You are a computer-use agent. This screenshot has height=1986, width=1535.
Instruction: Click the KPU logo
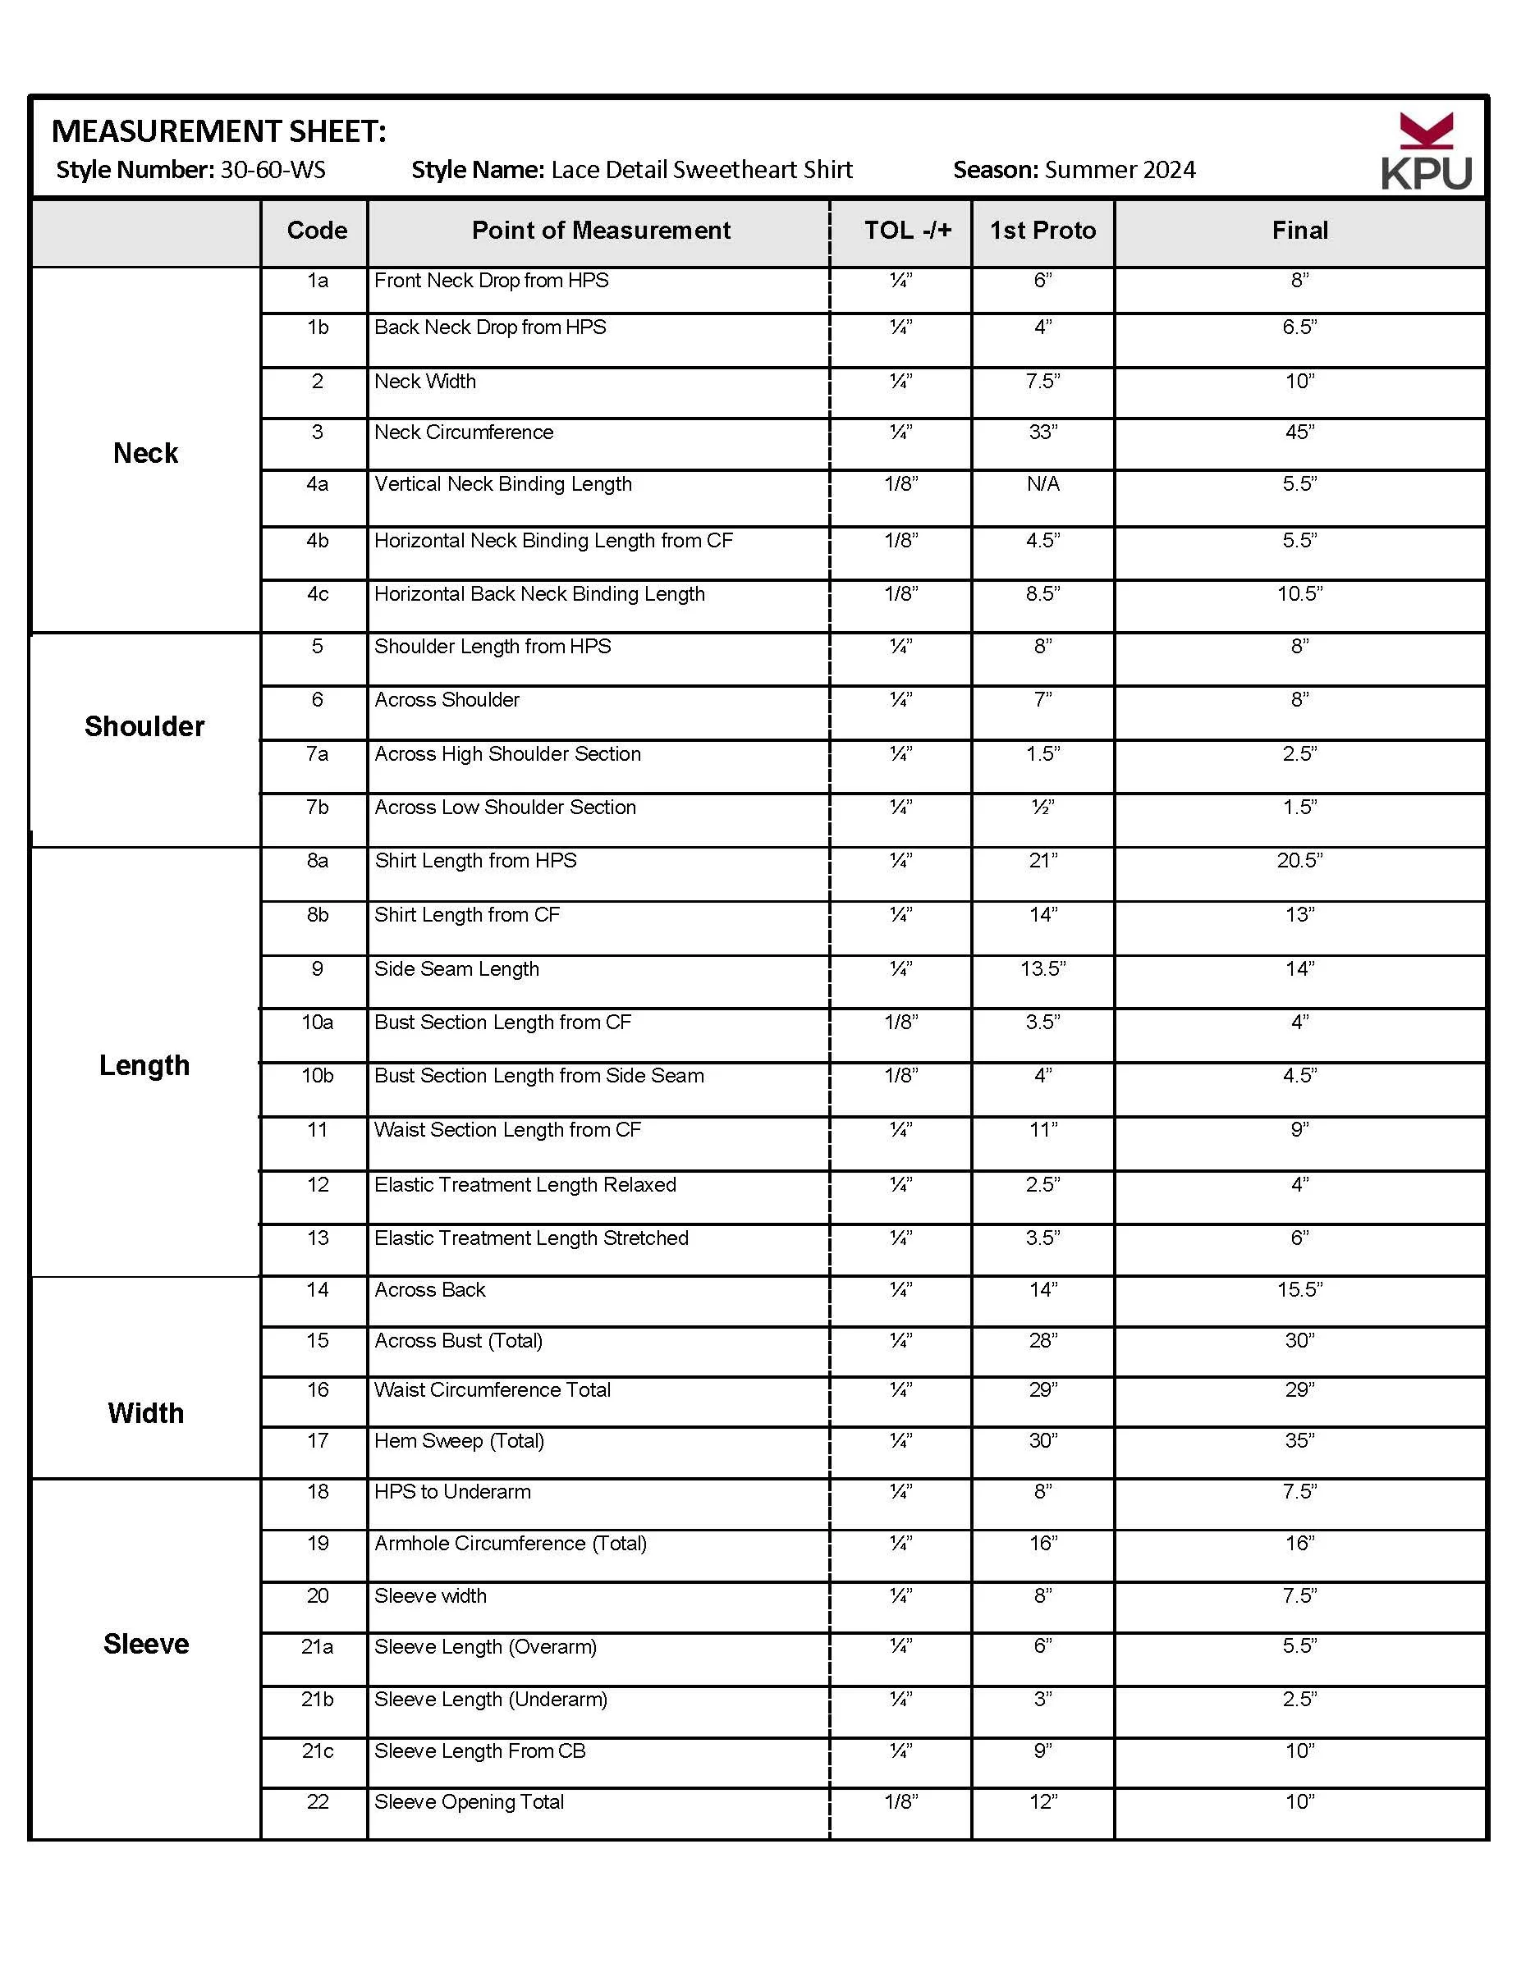(x=1425, y=152)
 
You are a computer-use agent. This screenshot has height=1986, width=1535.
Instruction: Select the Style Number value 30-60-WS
(x=273, y=170)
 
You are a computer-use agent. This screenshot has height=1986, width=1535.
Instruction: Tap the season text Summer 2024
(x=1120, y=170)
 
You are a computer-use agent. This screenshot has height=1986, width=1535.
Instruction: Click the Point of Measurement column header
(x=600, y=231)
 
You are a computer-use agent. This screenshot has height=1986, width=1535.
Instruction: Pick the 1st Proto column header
(x=1042, y=231)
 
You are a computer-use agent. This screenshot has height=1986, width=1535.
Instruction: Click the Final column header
(x=1299, y=231)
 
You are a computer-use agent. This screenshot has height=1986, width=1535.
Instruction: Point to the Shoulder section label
(x=144, y=726)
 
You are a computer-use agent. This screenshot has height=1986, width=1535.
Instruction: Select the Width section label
(x=145, y=1413)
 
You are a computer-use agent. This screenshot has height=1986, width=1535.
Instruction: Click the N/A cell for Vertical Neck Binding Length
(x=1042, y=483)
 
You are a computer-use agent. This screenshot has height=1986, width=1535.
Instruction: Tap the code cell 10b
(x=318, y=1076)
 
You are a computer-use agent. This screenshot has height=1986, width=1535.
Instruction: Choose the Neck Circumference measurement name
(x=464, y=432)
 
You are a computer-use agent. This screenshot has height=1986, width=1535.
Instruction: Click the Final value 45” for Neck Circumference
(x=1299, y=432)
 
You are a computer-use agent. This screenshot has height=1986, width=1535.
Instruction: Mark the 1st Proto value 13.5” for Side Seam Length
(x=1042, y=969)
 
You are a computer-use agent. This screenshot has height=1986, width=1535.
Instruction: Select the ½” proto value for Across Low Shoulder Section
(x=1042, y=808)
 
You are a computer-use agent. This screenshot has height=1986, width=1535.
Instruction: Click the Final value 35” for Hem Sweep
(x=1299, y=1440)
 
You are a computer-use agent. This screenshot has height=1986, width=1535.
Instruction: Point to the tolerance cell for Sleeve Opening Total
(x=900, y=1801)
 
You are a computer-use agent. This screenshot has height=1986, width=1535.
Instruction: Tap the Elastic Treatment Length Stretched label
(x=531, y=1238)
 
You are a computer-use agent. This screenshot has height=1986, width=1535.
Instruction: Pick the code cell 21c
(x=318, y=1750)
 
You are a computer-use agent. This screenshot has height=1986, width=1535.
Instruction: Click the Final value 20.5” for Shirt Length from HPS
(x=1299, y=861)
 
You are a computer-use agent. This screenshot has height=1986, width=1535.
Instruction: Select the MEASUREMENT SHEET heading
(x=219, y=132)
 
